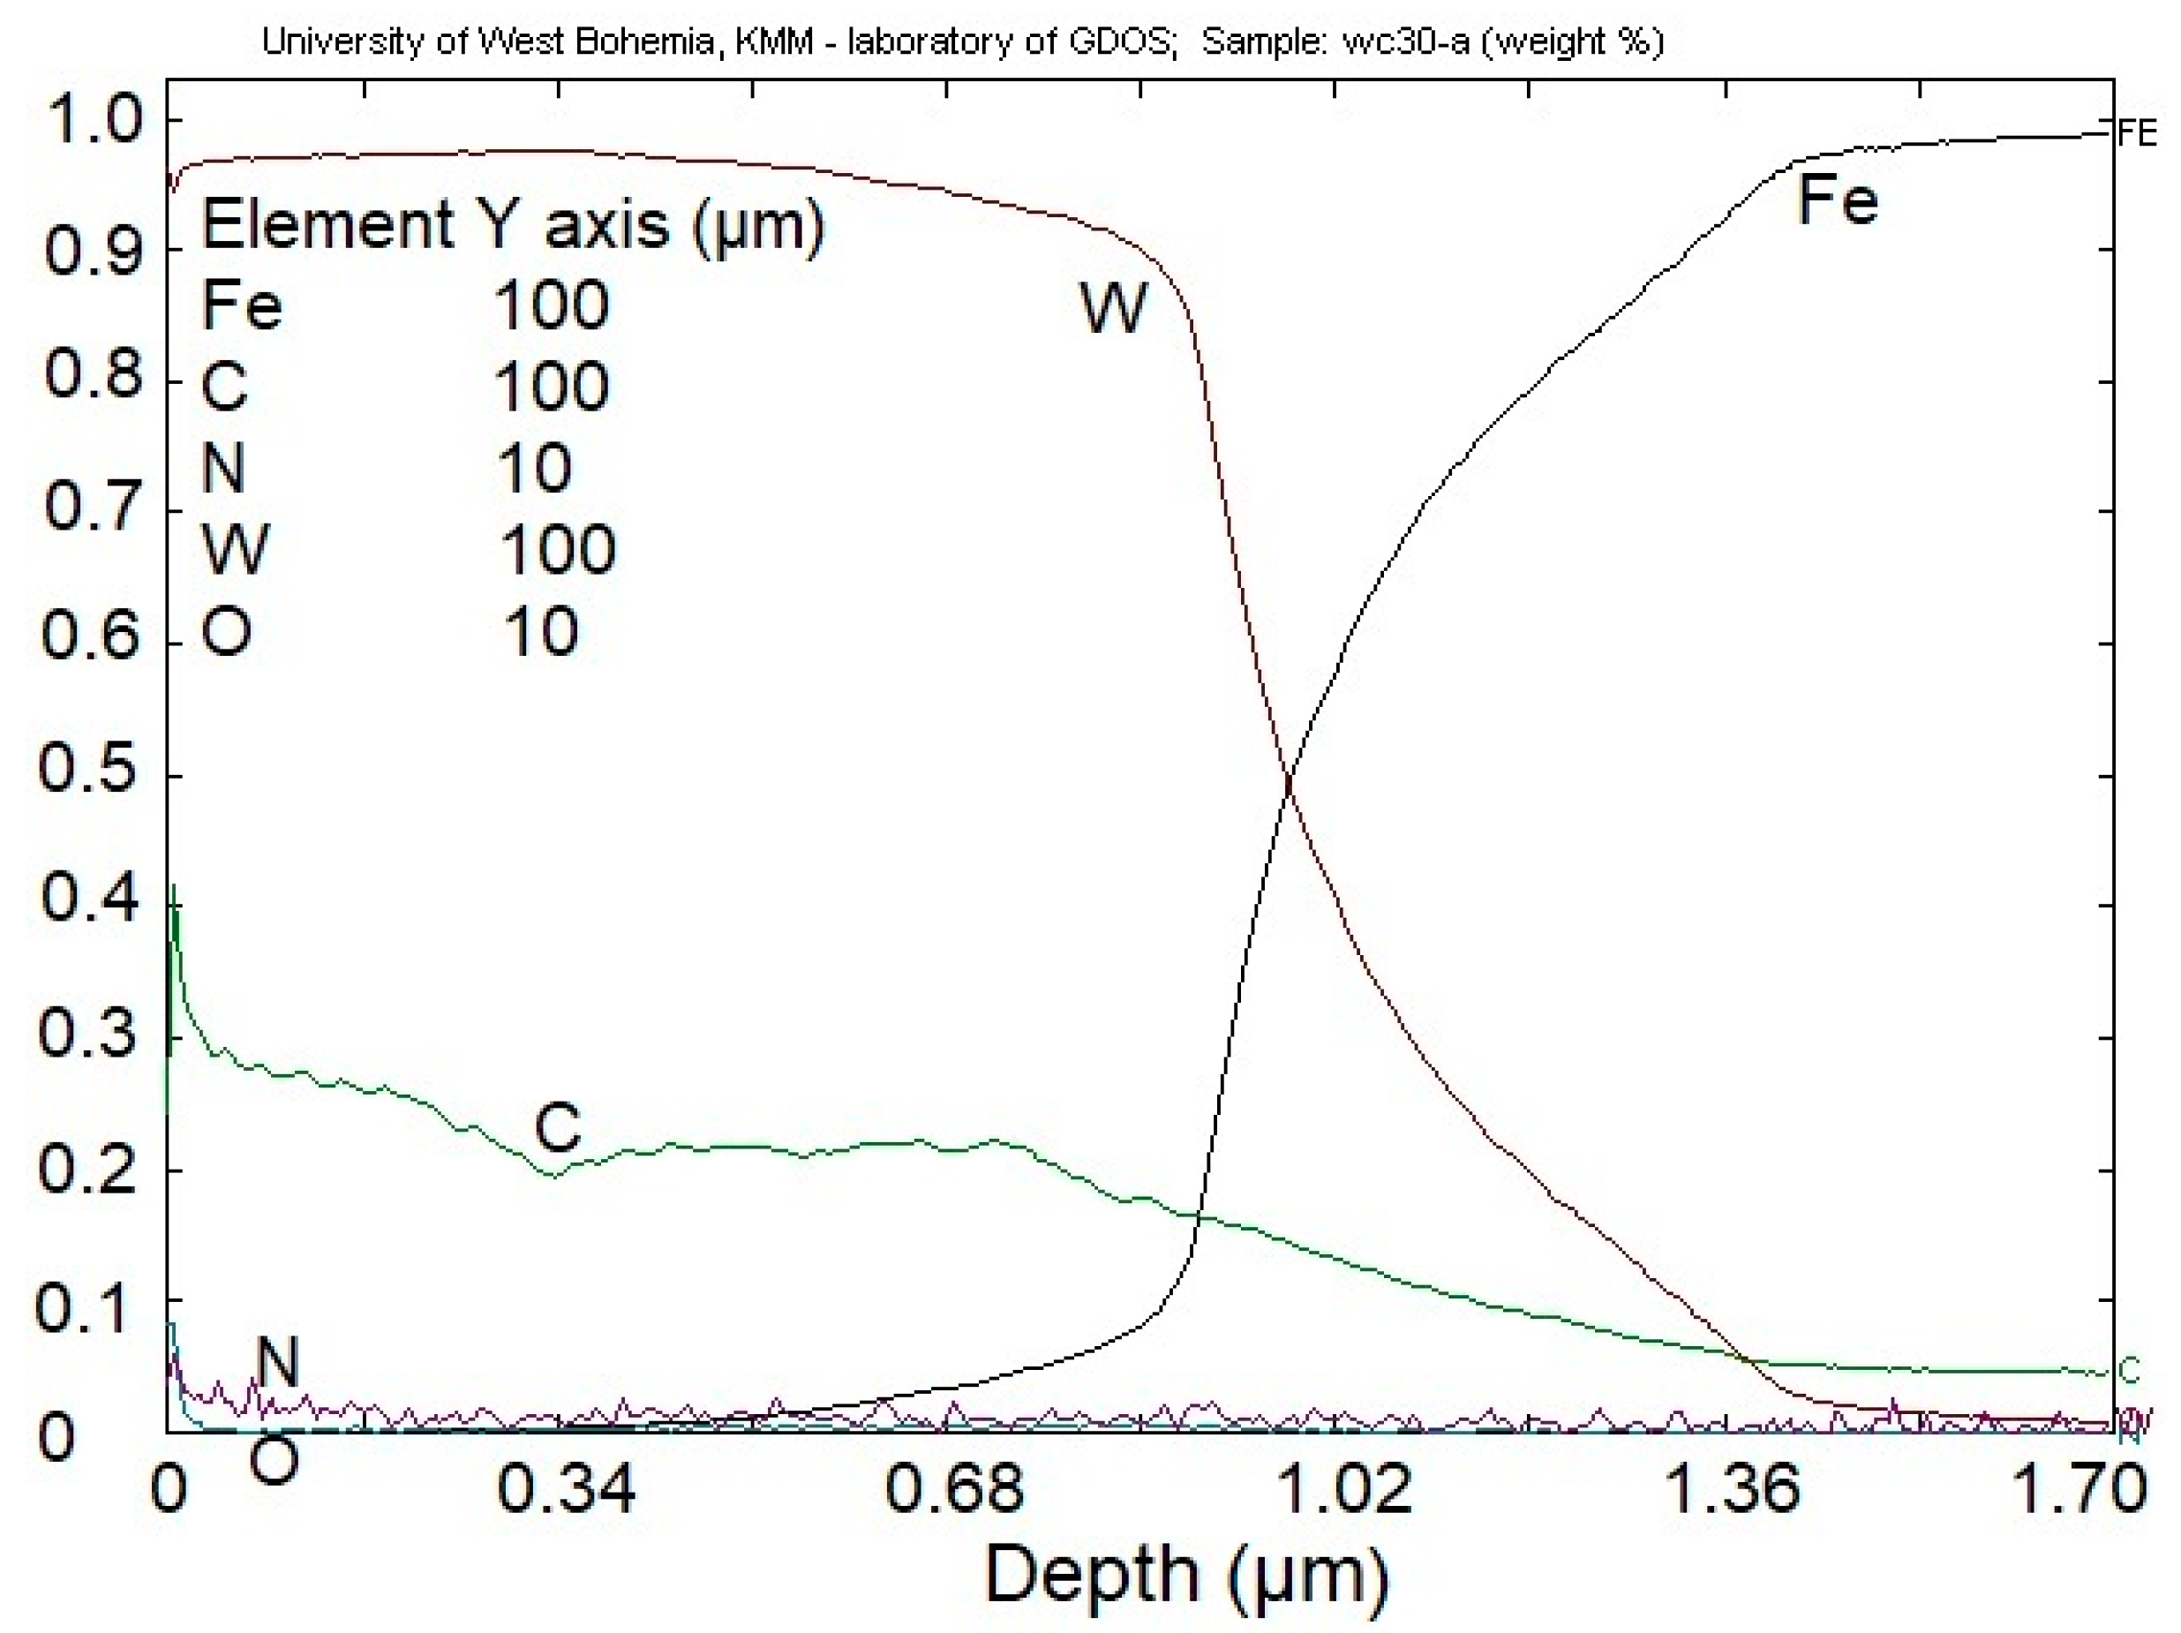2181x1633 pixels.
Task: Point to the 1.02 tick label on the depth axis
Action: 1345,1489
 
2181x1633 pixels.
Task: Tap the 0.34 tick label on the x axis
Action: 566,1489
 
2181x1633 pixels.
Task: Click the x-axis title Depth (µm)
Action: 1186,1576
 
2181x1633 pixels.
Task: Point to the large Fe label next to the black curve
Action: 1838,200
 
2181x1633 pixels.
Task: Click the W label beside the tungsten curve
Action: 1113,308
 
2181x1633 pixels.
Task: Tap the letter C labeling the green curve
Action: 557,1127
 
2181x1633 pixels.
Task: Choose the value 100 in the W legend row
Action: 557,549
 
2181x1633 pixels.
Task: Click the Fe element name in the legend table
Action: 241,305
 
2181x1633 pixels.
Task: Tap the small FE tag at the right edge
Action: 2137,134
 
